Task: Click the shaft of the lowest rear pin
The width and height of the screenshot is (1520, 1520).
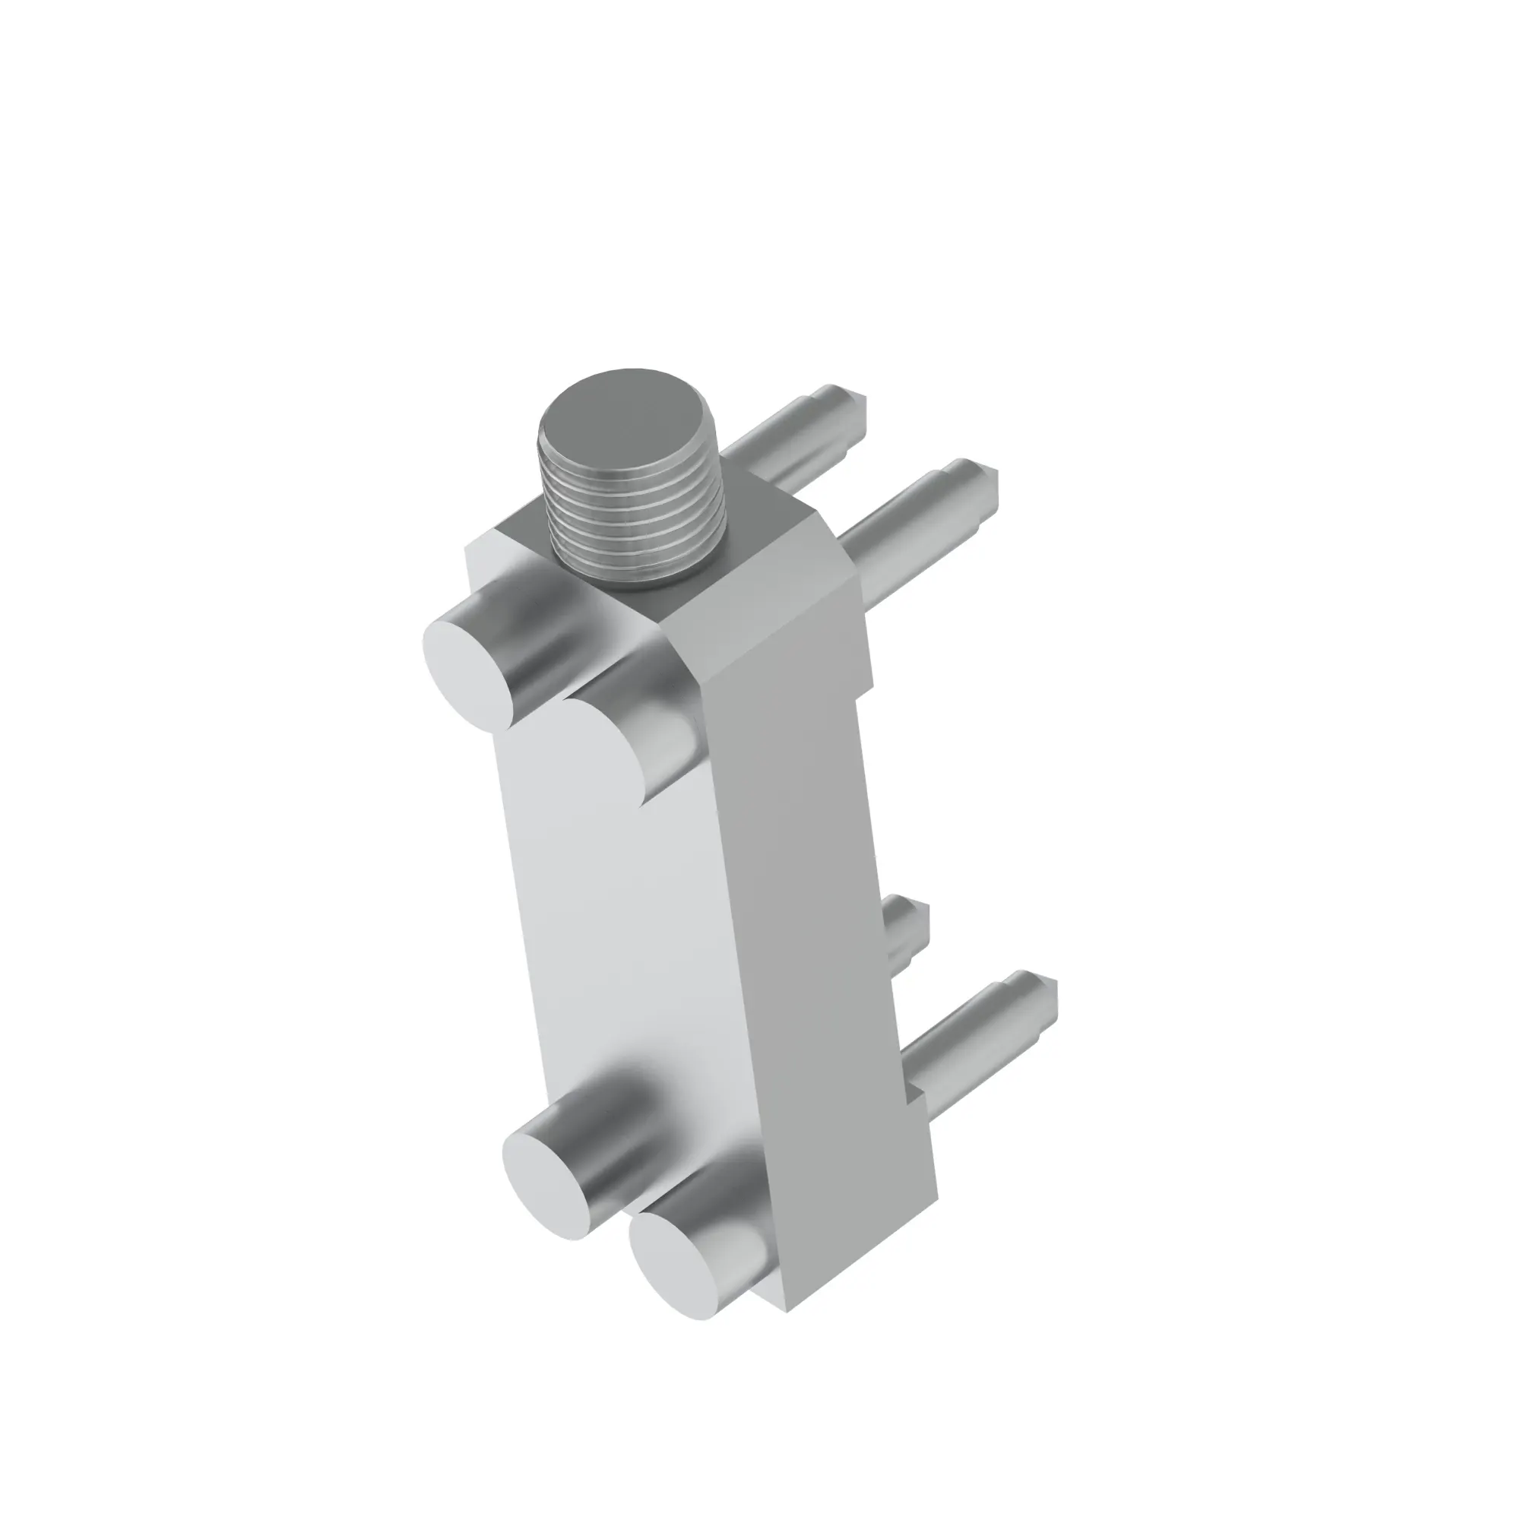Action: tap(967, 1038)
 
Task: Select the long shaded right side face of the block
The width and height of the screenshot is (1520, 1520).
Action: tap(819, 944)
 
